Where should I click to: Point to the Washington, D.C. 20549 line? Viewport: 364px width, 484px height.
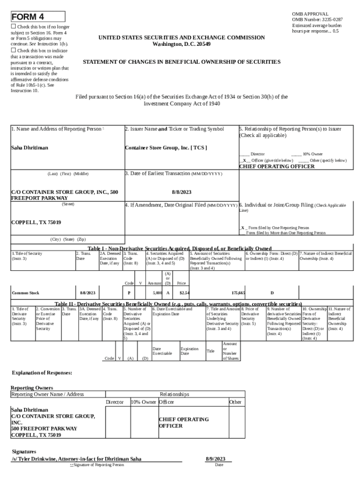pos(182,44)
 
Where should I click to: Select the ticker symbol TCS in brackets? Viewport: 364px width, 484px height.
pos(199,147)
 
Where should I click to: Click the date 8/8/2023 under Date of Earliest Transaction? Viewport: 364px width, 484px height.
pos(182,192)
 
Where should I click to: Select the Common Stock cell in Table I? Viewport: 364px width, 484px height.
pos(26,293)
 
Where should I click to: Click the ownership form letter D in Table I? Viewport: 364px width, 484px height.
pos(272,293)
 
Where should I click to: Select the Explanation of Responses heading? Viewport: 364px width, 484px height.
pos(42,373)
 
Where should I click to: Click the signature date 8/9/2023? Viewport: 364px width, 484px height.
pos(219,459)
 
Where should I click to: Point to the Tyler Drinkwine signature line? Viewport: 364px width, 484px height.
pos(76,459)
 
